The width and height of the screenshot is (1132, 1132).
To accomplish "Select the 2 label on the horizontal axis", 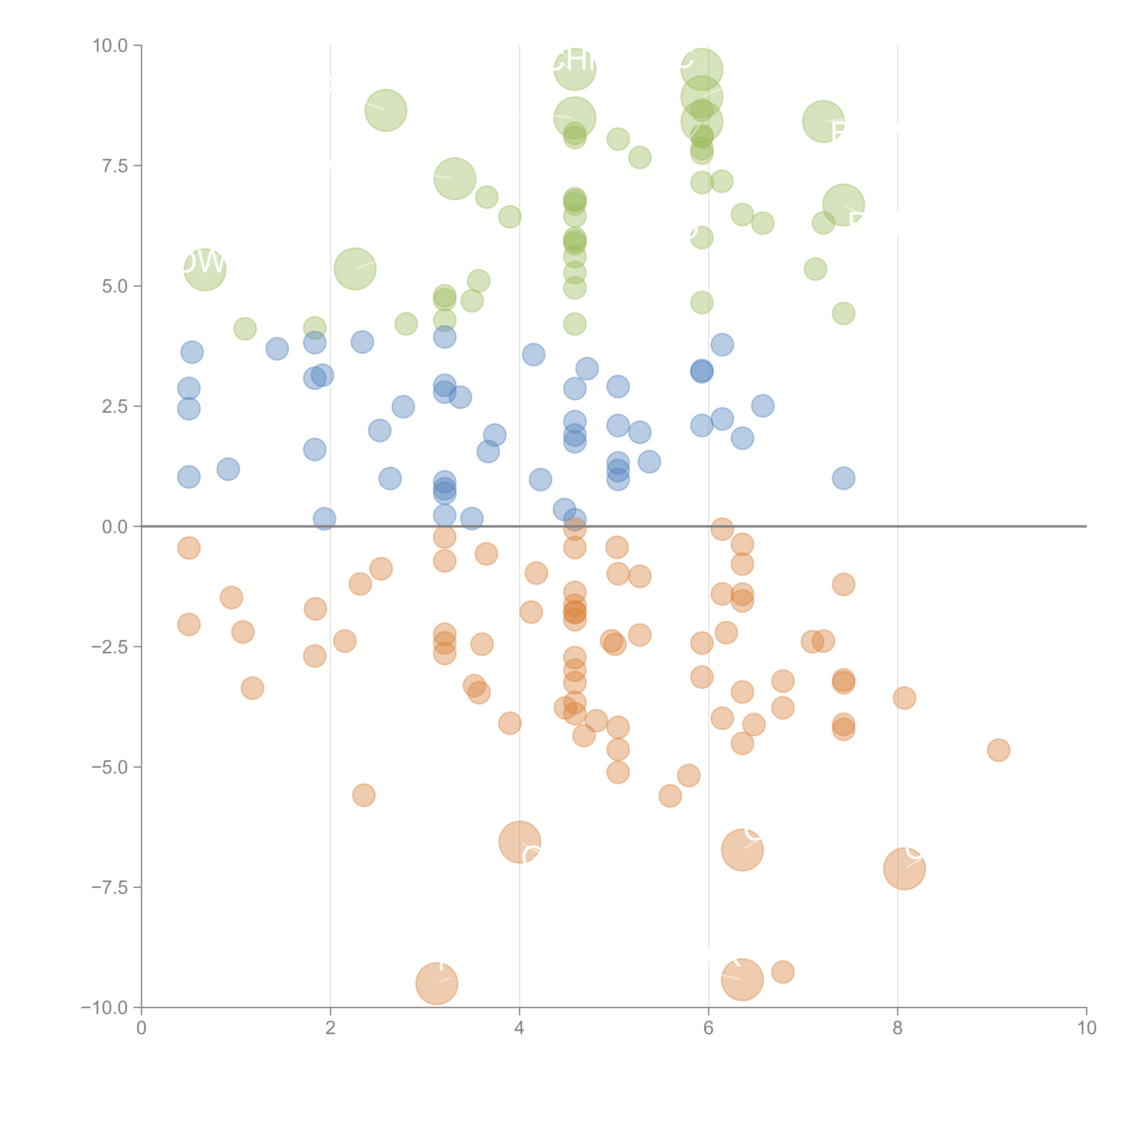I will point(331,1028).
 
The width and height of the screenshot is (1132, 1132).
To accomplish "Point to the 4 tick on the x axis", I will point(520,1028).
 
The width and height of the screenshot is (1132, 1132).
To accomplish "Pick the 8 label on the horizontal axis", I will point(898,1028).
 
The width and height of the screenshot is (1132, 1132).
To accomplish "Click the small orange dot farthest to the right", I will point(998,750).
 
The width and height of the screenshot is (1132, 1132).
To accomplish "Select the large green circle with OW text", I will point(204,269).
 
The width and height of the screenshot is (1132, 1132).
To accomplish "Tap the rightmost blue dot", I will point(843,478).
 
